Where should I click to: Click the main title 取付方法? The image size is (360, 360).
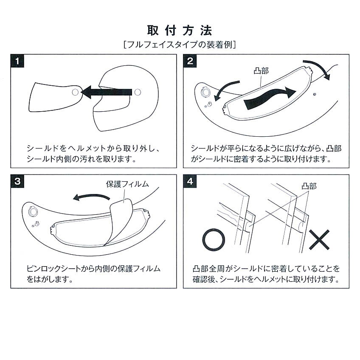click(180, 31)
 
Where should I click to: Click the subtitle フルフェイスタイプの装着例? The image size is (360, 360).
click(180, 45)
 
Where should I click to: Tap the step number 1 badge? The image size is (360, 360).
click(17, 61)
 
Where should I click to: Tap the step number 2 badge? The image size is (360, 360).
click(190, 61)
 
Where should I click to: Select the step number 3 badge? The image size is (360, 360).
click(17, 181)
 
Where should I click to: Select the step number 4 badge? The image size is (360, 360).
click(190, 181)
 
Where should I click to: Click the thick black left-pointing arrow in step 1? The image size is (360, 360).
click(106, 92)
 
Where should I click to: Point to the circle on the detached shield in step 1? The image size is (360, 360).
click(75, 92)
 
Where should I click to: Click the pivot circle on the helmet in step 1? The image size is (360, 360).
click(138, 92)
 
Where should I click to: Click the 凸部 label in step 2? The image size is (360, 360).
click(261, 71)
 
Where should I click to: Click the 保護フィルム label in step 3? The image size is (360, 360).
click(127, 184)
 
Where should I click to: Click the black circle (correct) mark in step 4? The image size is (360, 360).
click(214, 230)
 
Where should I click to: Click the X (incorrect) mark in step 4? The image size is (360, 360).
click(319, 240)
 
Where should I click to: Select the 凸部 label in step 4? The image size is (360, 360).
click(309, 186)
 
